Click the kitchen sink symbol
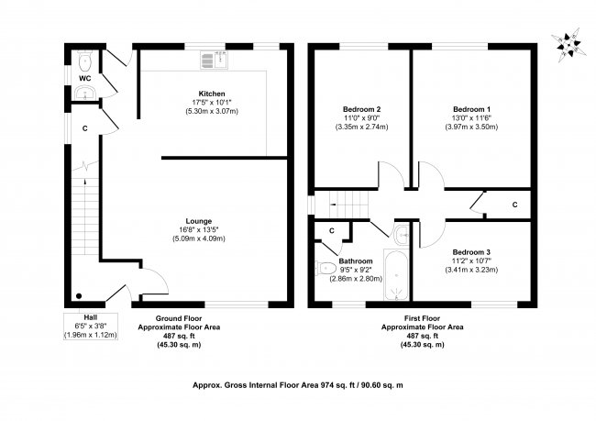[215, 61]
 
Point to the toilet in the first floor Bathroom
[326, 269]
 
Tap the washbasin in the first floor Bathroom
[402, 235]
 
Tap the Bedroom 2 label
[360, 109]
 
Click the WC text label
[83, 78]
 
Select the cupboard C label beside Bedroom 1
[514, 204]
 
